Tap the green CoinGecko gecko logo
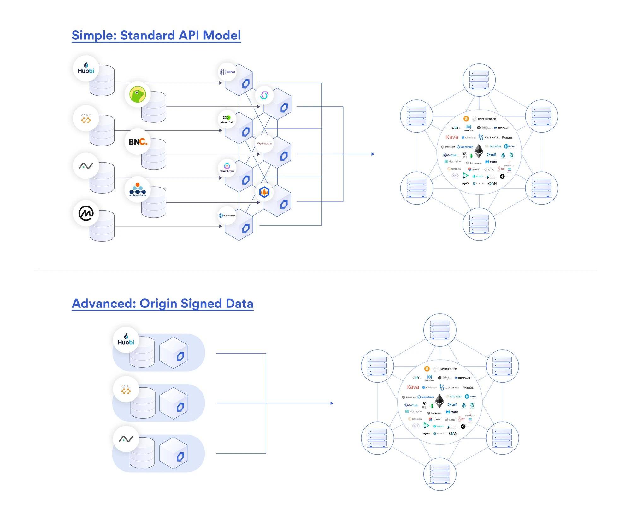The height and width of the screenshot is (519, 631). pos(138,94)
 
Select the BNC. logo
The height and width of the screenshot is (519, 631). pos(138,142)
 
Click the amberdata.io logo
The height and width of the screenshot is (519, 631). pos(138,189)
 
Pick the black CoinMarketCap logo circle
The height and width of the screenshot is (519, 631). pos(86,213)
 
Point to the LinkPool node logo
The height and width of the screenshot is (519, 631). pos(227,72)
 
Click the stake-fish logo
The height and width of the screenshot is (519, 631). pos(227,119)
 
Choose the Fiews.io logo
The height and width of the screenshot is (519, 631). pos(264,144)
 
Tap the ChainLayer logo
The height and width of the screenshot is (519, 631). pos(227,168)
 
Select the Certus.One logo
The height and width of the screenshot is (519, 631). pos(227,215)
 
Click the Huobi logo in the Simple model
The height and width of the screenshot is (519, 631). pos(86,69)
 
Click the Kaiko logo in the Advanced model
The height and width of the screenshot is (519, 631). pos(126,389)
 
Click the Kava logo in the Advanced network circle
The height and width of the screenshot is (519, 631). pos(412,387)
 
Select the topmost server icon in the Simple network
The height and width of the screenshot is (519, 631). pos(479,80)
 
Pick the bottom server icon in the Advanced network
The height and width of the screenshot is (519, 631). pos(439,474)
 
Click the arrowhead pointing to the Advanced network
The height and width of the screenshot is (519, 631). pos(332,403)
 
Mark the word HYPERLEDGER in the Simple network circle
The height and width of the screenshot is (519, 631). pos(487,119)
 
